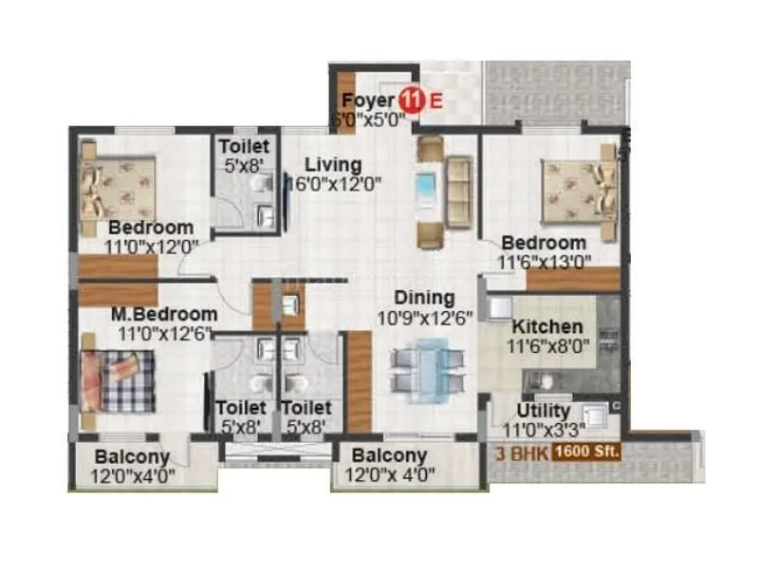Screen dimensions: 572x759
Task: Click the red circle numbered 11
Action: pyautogui.click(x=411, y=99)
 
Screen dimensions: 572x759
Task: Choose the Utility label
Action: pyautogui.click(x=544, y=411)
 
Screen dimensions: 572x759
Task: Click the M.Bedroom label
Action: pyautogui.click(x=163, y=314)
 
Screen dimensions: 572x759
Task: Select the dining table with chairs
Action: pyautogui.click(x=428, y=365)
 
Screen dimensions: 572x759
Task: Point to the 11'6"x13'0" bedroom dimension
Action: pyautogui.click(x=545, y=261)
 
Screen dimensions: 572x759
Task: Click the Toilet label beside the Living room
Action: pyautogui.click(x=244, y=147)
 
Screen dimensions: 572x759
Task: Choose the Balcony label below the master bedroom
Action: pyautogui.click(x=132, y=456)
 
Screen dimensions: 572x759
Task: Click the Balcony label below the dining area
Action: pyautogui.click(x=390, y=456)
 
